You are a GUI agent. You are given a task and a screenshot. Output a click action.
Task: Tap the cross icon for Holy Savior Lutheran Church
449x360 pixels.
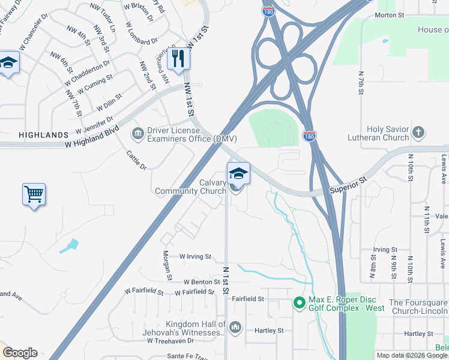[x=419, y=132]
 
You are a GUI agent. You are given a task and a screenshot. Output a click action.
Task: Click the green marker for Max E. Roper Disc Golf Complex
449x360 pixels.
[x=299, y=304]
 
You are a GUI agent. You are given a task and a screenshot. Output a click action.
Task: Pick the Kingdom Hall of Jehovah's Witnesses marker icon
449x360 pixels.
[x=235, y=327]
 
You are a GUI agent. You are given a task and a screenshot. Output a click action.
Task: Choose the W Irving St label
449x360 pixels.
[x=196, y=256]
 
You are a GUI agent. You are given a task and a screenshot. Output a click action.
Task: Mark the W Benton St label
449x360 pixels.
[x=203, y=281]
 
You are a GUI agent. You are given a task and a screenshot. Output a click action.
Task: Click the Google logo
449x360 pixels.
[x=20, y=353]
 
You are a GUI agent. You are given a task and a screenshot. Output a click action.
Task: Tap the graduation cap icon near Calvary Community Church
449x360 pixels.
[x=238, y=173]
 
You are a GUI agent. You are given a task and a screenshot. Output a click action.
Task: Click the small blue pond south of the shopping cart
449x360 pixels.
[x=70, y=246]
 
